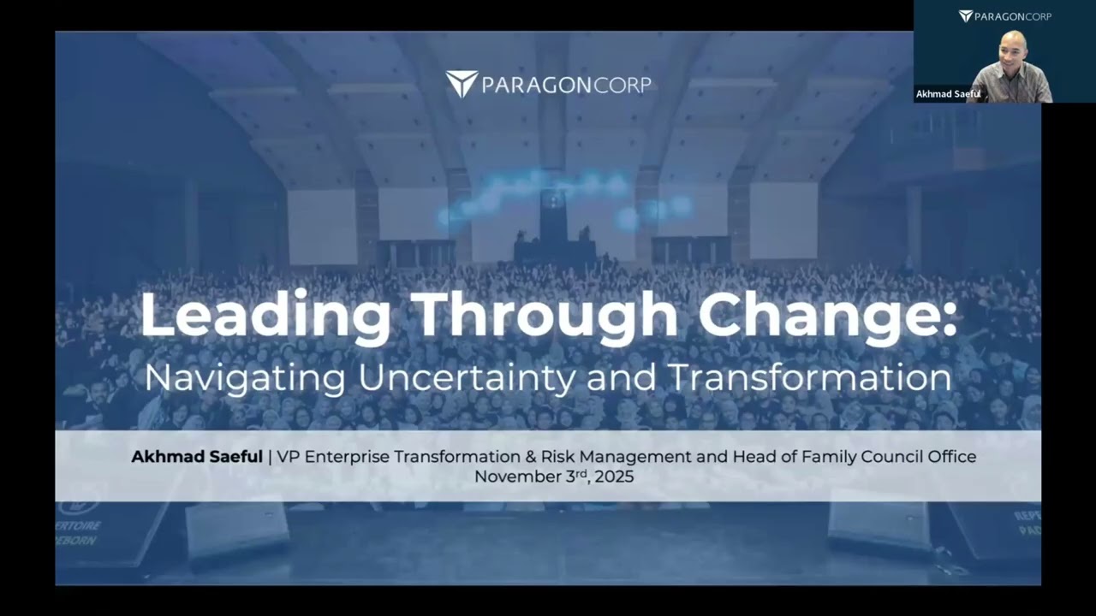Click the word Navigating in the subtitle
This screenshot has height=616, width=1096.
click(x=245, y=379)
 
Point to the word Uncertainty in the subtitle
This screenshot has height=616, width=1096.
click(x=468, y=379)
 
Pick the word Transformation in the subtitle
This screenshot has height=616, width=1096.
click(x=810, y=377)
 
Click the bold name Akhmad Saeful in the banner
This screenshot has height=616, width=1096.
click(x=197, y=457)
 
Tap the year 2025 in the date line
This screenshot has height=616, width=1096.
click(x=614, y=477)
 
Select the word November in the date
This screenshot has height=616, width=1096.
click(x=518, y=477)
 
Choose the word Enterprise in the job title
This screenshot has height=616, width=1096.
click(x=348, y=457)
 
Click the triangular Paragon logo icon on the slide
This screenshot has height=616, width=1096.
click(x=462, y=84)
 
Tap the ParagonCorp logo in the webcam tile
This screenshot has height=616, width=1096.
click(x=1005, y=16)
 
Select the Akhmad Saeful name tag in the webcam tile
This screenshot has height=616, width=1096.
click(x=948, y=94)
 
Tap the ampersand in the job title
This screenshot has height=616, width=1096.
click(x=531, y=457)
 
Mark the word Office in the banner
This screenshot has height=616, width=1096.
click(x=952, y=457)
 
